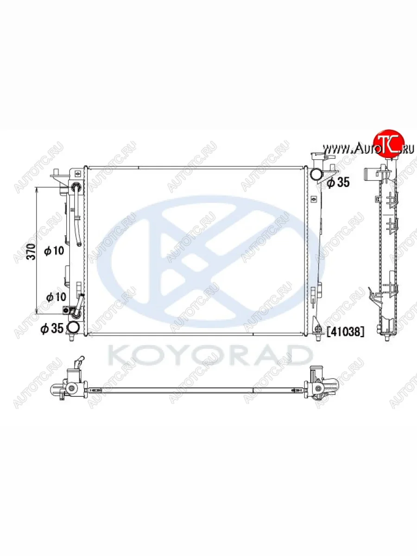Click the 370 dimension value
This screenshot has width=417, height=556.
[x=32, y=252]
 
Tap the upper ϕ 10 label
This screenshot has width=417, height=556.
[x=54, y=251]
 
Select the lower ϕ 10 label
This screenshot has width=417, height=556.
[x=56, y=297]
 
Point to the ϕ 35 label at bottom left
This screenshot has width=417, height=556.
[x=52, y=329]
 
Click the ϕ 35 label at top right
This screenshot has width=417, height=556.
[x=338, y=182]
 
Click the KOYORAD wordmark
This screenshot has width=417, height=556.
[x=210, y=355]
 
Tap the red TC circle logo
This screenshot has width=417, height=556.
[x=389, y=144]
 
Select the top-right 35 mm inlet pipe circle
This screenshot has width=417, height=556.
[x=317, y=174]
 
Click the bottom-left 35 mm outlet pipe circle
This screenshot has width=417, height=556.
[x=73, y=328]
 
